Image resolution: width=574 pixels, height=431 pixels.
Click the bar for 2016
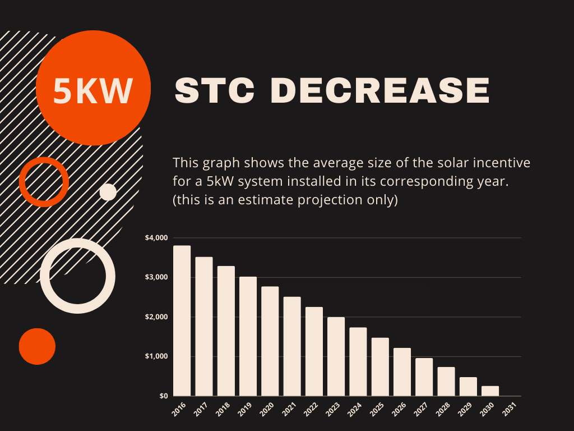point(182,320)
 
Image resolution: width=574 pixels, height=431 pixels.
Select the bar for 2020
point(270,341)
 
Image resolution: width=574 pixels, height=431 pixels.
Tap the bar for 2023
point(336,356)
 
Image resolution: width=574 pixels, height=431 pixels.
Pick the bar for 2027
point(424,377)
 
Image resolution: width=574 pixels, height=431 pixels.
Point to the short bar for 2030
point(490,391)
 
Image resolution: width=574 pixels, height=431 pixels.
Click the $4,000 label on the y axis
point(156,238)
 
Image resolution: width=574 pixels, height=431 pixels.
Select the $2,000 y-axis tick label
point(156,317)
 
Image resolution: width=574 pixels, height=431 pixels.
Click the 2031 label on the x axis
point(509,410)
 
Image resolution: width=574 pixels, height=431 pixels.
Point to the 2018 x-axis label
point(223,410)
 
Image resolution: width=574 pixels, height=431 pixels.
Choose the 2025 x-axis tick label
point(377,410)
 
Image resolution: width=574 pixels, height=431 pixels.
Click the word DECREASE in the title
point(381,91)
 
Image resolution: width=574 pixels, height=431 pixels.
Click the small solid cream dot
point(108,192)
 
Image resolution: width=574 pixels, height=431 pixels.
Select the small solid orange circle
point(37,346)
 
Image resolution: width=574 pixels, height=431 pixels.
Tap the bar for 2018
point(226,331)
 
